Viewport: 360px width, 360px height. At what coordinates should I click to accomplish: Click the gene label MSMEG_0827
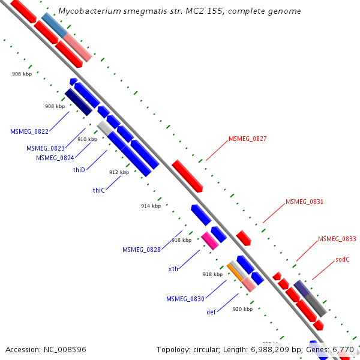tap(247, 139)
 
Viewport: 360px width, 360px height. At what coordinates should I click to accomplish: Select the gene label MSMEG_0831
tap(304, 202)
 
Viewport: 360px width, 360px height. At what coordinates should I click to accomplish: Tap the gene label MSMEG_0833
tap(337, 239)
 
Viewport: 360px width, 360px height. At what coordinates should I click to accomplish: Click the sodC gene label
tap(343, 260)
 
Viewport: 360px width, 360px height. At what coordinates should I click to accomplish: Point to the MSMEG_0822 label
tap(29, 131)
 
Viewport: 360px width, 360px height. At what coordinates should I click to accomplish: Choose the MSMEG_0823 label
tap(46, 148)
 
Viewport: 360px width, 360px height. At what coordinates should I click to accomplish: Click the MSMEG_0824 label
tap(55, 158)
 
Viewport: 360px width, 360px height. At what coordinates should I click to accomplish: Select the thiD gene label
tap(79, 170)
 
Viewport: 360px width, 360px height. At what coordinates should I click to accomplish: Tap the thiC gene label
tap(98, 190)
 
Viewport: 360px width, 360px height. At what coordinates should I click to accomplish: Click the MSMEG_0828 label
tap(142, 250)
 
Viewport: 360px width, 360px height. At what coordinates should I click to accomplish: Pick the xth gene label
tap(173, 269)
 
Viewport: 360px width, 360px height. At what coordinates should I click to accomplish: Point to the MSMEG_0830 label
tap(185, 299)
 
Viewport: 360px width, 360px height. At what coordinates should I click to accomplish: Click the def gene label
tap(211, 312)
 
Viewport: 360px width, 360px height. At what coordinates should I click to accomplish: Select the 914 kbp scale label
tap(151, 206)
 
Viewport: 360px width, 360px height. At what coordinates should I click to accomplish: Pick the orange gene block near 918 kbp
tap(235, 271)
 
